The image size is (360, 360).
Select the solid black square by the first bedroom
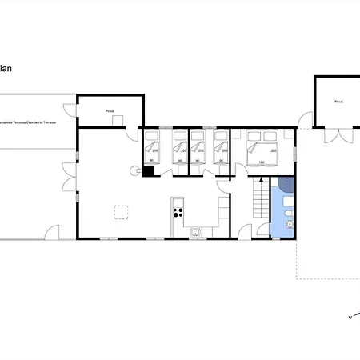coord(147,170)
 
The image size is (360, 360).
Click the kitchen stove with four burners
coord(178,212)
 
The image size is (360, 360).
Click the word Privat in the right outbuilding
coord(339,102)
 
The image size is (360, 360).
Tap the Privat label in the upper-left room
coord(110,112)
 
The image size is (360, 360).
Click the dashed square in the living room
coord(122,212)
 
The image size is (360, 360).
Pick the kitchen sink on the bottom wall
coord(196,233)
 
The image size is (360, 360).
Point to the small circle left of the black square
coord(136,170)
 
